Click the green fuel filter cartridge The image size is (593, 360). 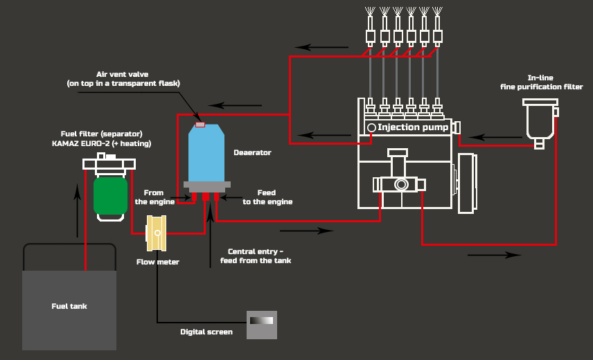[110, 196]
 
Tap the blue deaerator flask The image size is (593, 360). [206, 152]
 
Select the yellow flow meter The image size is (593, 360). [156, 233]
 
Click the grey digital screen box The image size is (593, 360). [262, 325]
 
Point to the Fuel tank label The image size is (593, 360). [69, 307]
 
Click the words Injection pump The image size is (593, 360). [413, 127]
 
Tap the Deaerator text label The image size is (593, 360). [252, 152]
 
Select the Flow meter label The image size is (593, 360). [158, 262]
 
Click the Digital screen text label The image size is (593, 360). [206, 332]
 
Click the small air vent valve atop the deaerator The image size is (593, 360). [200, 125]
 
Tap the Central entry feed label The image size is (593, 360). [256, 256]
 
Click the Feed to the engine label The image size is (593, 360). [267, 197]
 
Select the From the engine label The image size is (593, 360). [154, 197]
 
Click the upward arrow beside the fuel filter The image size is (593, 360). [78, 210]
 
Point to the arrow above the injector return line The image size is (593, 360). [321, 47]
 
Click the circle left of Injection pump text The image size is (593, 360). [371, 127]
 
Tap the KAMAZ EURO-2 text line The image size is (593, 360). [102, 143]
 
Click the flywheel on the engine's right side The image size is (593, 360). [468, 183]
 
